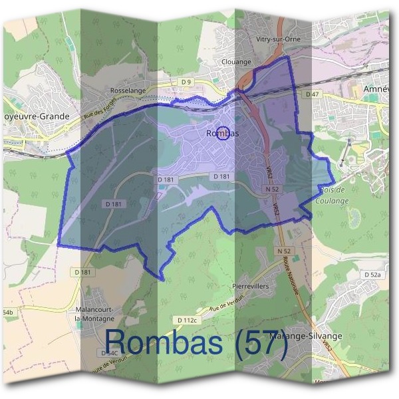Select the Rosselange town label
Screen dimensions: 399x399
(x=128, y=90)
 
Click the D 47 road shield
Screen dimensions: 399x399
(x=313, y=95)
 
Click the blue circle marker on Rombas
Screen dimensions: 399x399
(x=224, y=133)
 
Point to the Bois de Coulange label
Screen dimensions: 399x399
(x=332, y=195)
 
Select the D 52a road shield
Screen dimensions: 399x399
(x=372, y=275)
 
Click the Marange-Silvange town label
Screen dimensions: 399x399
(x=307, y=336)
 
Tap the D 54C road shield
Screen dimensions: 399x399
(x=109, y=352)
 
